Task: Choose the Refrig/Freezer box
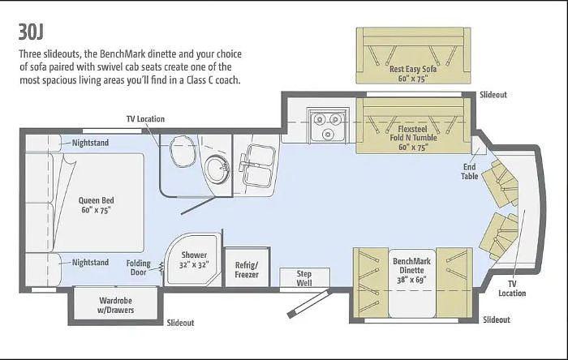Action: [247, 269]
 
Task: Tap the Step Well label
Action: [303, 278]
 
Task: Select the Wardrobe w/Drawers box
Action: [116, 305]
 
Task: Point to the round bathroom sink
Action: [216, 171]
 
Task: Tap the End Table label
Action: [470, 171]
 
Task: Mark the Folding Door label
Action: [138, 268]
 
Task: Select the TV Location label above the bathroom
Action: [145, 118]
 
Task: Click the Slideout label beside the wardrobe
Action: [181, 322]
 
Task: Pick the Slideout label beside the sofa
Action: [493, 95]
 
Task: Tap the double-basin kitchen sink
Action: [258, 165]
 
